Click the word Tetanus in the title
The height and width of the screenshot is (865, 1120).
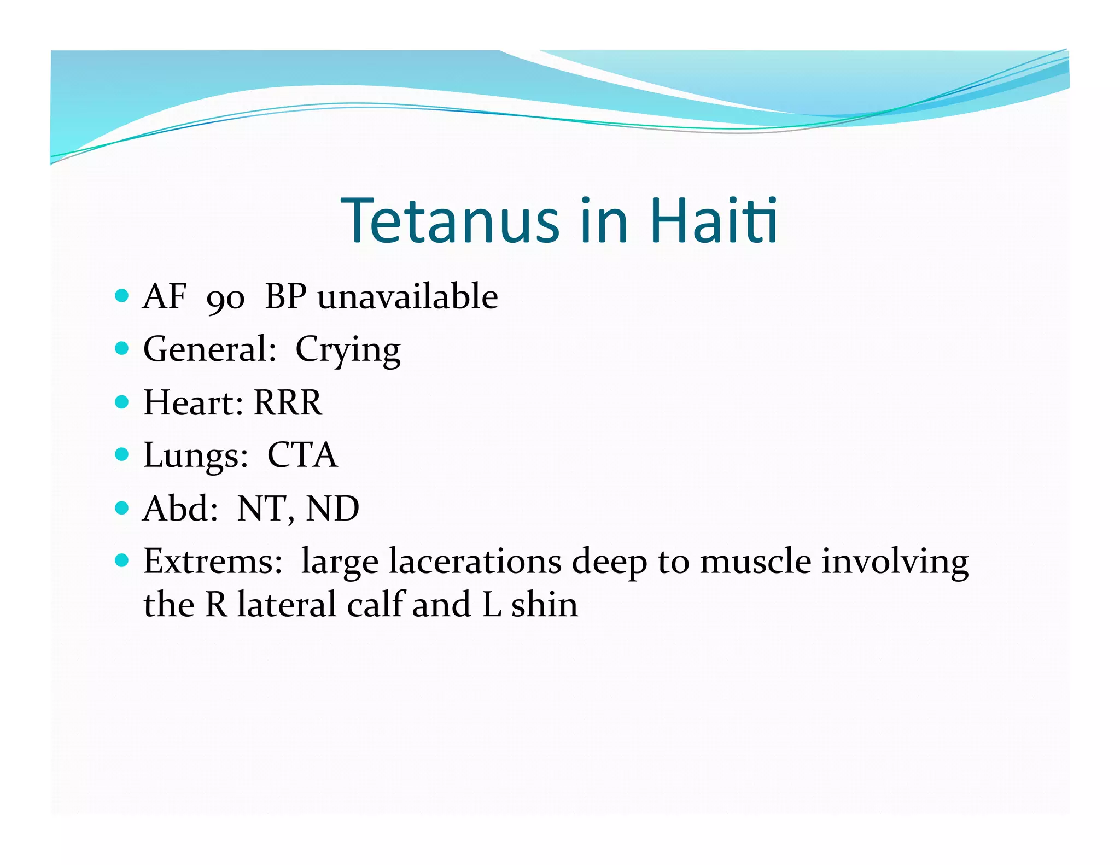(450, 220)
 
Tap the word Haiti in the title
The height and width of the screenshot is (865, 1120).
(714, 220)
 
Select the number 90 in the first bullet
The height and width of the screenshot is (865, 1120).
(225, 299)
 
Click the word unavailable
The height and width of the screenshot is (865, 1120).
(408, 296)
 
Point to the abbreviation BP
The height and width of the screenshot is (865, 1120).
(285, 296)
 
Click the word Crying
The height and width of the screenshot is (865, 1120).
(348, 350)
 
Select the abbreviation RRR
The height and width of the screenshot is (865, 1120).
(288, 402)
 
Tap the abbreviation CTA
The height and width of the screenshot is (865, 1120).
(302, 455)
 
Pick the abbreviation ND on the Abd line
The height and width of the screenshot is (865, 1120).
(332, 509)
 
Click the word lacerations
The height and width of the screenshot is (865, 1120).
(475, 562)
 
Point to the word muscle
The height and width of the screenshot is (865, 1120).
(755, 562)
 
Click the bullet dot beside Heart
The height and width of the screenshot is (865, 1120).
(122, 402)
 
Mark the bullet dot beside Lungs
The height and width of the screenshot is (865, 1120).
(122, 454)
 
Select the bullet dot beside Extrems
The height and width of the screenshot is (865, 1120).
(122, 560)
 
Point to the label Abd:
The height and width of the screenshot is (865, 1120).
(180, 509)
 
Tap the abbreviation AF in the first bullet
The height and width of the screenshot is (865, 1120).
(164, 296)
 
